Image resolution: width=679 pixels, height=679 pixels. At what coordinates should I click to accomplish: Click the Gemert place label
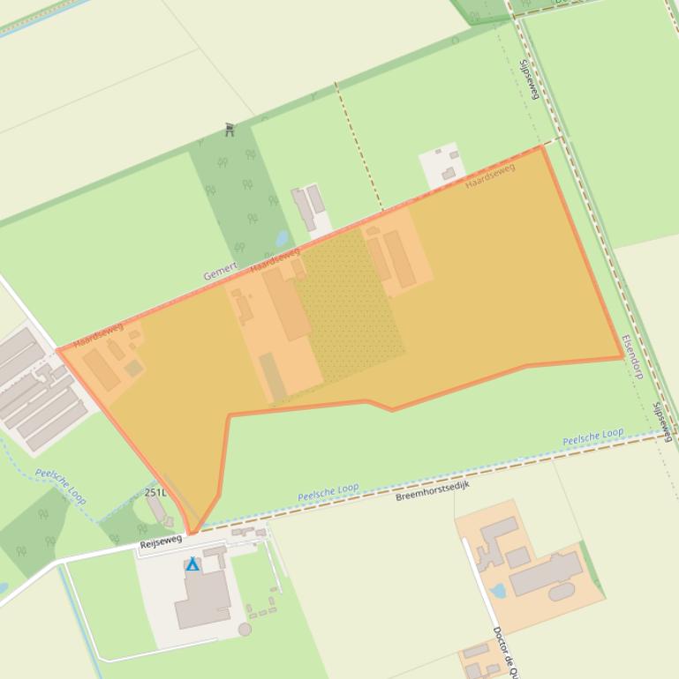tap(220, 271)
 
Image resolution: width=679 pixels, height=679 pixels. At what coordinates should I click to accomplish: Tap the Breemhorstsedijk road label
tap(432, 491)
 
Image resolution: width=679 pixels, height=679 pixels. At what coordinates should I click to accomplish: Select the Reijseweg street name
tap(160, 541)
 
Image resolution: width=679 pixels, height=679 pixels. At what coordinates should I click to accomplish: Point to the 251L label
tap(155, 492)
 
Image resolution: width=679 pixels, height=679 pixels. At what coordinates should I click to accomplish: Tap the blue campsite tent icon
tap(192, 564)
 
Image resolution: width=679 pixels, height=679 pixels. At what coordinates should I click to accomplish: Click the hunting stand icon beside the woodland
tap(230, 130)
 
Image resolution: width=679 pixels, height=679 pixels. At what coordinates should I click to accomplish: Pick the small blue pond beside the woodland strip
tap(282, 238)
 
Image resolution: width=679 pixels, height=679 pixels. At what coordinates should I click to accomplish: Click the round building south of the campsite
tap(245, 629)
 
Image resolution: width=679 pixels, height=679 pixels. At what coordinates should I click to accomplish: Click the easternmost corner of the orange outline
tap(622, 357)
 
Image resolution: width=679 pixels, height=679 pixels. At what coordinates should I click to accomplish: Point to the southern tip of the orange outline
tap(191, 533)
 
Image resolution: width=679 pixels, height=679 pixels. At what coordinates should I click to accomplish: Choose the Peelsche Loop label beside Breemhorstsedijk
tap(328, 490)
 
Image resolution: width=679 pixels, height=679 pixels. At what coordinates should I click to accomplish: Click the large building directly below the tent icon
tap(203, 600)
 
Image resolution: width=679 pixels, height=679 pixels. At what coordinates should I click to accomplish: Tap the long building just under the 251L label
tap(156, 510)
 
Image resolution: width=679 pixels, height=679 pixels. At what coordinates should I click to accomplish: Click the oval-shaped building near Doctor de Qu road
tap(562, 592)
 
